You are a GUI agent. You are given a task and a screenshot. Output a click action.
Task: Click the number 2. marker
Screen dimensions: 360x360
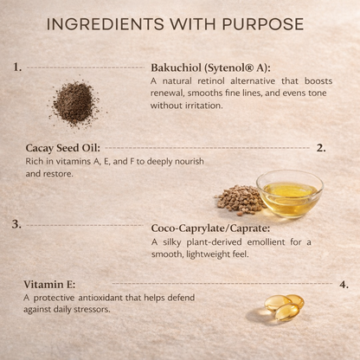[320, 147]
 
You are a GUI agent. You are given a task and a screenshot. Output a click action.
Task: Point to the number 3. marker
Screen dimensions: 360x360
[16, 224]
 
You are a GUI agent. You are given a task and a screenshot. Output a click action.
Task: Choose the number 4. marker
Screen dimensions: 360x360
[344, 284]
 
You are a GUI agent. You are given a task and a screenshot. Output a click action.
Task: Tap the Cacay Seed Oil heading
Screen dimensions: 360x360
[64, 148]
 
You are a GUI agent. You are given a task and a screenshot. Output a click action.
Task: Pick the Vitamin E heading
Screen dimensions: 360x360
[51, 285]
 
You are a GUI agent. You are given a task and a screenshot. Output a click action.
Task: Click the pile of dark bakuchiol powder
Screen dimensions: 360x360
[74, 102]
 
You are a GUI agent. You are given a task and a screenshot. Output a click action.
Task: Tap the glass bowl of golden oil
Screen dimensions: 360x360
[289, 193]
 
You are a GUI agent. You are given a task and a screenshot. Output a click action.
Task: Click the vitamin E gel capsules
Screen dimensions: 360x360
[283, 307]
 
